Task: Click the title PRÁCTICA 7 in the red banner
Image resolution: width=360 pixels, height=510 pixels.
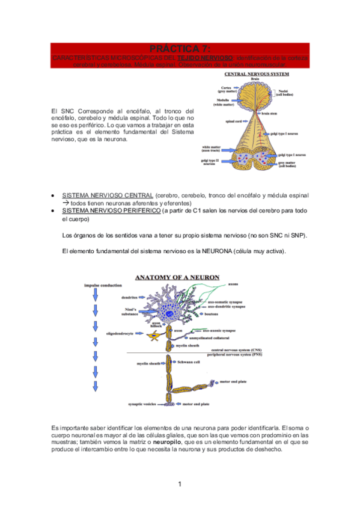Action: (x=180, y=48)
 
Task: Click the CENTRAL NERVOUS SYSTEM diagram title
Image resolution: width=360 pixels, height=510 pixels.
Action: (x=257, y=75)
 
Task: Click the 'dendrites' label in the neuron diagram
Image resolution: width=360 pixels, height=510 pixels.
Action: (x=129, y=297)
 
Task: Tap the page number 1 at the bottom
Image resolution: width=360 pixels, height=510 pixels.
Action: (x=180, y=484)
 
